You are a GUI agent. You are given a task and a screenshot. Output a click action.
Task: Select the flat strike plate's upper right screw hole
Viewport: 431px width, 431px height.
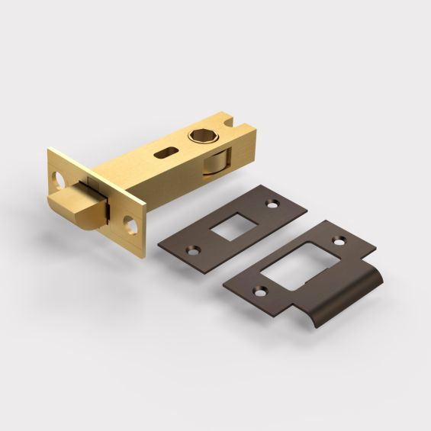click(x=271, y=203)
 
